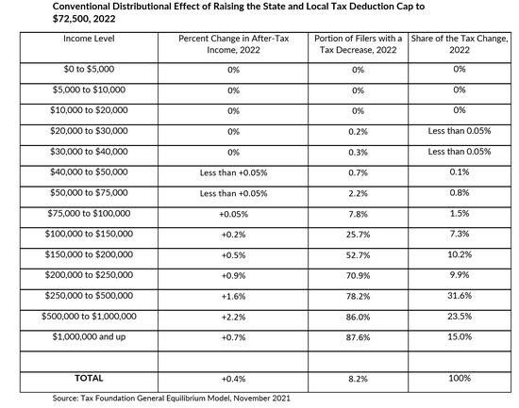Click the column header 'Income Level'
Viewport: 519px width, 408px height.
coord(89,39)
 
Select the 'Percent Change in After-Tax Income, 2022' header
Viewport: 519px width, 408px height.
coord(233,44)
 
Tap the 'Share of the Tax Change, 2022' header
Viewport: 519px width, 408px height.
coord(460,44)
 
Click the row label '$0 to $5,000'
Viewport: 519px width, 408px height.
coord(89,69)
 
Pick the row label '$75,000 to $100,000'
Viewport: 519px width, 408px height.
coord(89,213)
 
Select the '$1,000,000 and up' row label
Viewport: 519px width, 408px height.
coord(89,337)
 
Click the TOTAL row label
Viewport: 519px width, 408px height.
coord(89,378)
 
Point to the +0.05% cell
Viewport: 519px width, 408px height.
coord(233,214)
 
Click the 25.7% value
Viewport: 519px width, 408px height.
coord(358,235)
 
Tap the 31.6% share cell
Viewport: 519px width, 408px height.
coord(460,296)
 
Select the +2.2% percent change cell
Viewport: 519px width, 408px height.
coord(233,318)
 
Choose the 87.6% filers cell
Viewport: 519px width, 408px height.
coord(358,337)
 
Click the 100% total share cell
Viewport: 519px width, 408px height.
coord(460,378)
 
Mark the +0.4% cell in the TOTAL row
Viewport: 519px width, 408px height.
coord(233,379)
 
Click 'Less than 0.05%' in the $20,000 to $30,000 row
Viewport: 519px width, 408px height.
coord(460,131)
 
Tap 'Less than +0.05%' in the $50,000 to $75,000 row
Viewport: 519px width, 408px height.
coord(233,193)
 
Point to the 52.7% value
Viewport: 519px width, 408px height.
coord(358,255)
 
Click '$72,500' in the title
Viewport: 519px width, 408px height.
coord(69,19)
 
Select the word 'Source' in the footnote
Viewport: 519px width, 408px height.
coord(64,398)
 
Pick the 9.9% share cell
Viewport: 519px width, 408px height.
coord(460,275)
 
